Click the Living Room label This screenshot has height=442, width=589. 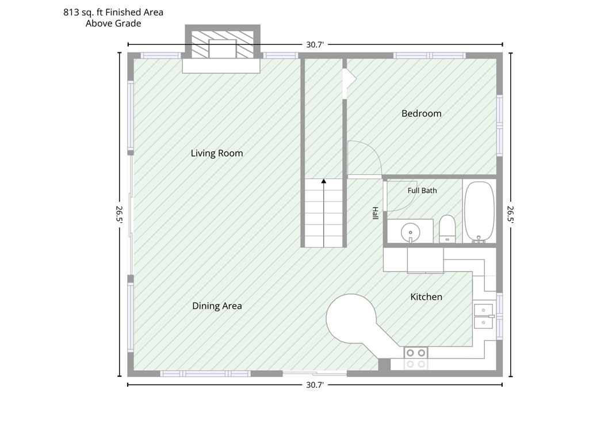point(217,153)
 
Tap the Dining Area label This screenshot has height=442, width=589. point(217,306)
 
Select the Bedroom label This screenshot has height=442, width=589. point(422,113)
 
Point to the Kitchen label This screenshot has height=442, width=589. point(426,297)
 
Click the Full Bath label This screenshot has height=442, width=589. point(422,190)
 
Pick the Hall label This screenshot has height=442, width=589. point(375,213)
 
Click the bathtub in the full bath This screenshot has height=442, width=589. point(479,212)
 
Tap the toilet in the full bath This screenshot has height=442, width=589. point(447,229)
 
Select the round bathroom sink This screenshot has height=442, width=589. point(410,232)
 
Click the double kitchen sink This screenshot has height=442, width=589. point(483,316)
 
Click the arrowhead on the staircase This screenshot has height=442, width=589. point(324,181)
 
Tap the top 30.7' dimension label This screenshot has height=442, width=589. point(315,45)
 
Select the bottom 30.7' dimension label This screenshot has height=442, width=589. point(315,385)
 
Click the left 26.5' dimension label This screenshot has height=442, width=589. point(120,215)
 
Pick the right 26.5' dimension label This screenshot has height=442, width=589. point(511,215)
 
